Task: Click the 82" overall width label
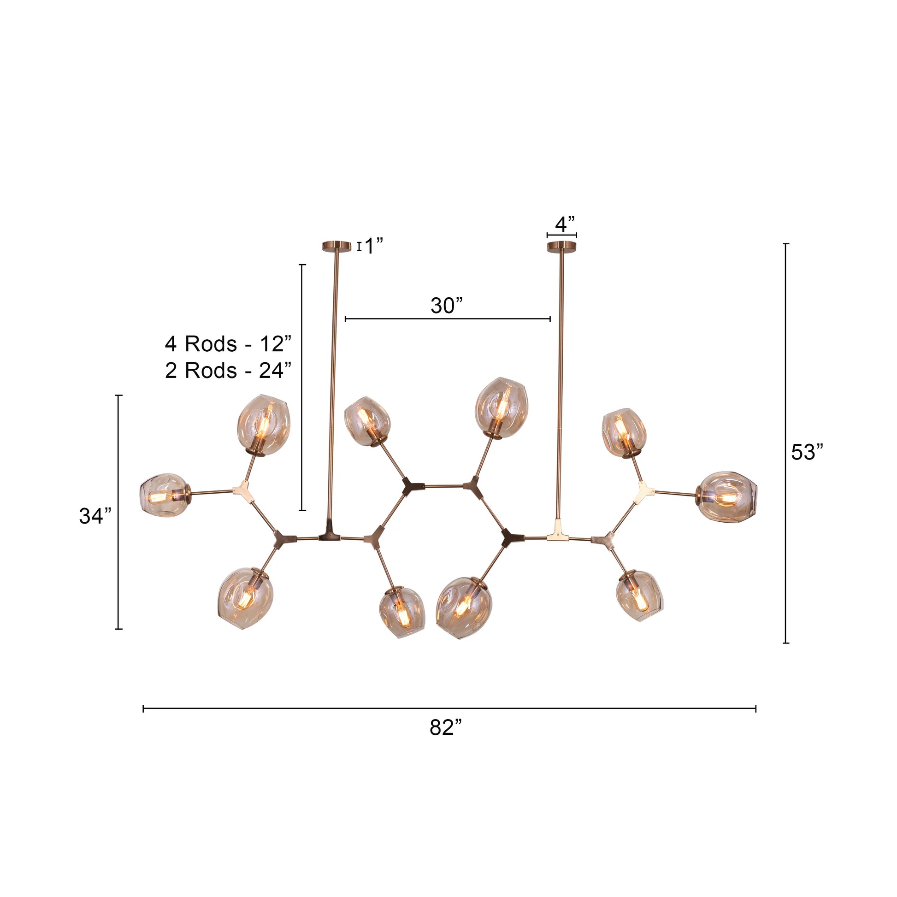point(445,727)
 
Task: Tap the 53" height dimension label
point(807,452)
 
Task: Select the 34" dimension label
point(95,516)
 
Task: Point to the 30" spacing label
point(447,306)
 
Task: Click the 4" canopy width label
point(565,225)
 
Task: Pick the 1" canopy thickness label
point(373,246)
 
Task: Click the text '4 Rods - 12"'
point(228,344)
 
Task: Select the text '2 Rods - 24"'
point(228,371)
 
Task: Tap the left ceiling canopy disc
point(337,246)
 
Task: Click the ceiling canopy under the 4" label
point(562,246)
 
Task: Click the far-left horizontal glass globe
point(164,495)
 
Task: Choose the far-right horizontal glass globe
point(727,497)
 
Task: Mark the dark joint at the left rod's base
point(329,533)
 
